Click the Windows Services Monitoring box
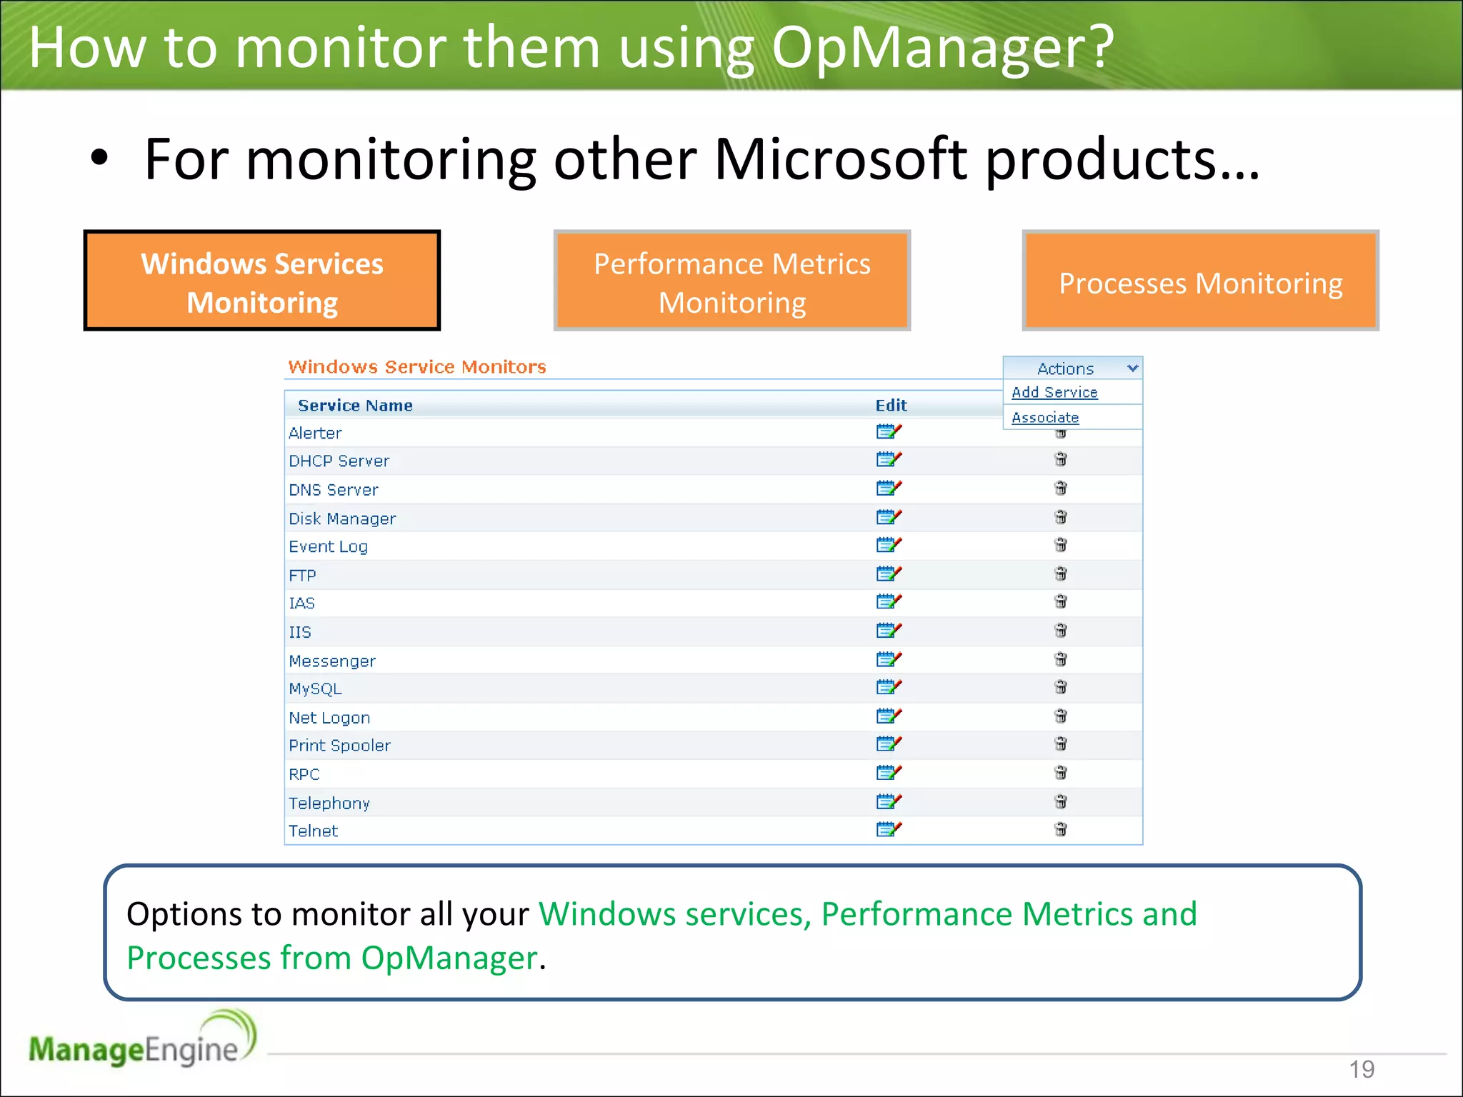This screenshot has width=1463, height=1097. click(x=261, y=281)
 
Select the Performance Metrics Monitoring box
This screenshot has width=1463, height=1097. click(x=731, y=281)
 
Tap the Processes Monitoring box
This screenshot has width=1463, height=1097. click(x=1200, y=281)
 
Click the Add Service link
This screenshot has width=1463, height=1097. click(x=1054, y=392)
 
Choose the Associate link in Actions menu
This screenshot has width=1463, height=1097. click(x=1045, y=418)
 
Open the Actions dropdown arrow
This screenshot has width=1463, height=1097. click(x=1132, y=369)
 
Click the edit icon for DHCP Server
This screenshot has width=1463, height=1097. click(x=889, y=459)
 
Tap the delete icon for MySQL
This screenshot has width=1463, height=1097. click(x=1061, y=687)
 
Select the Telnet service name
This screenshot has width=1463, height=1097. click(x=313, y=831)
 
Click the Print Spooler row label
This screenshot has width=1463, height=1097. click(x=339, y=745)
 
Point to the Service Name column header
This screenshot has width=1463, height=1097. click(x=355, y=406)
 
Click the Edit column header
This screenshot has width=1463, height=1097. click(x=891, y=406)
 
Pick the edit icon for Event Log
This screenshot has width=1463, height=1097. click(x=889, y=545)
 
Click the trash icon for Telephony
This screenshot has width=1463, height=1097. click(x=1061, y=801)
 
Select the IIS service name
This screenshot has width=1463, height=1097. click(x=300, y=632)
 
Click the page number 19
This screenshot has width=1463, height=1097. click(x=1362, y=1069)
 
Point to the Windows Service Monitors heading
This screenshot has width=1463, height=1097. click(x=417, y=367)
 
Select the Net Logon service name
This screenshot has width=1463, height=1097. click(x=329, y=718)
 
